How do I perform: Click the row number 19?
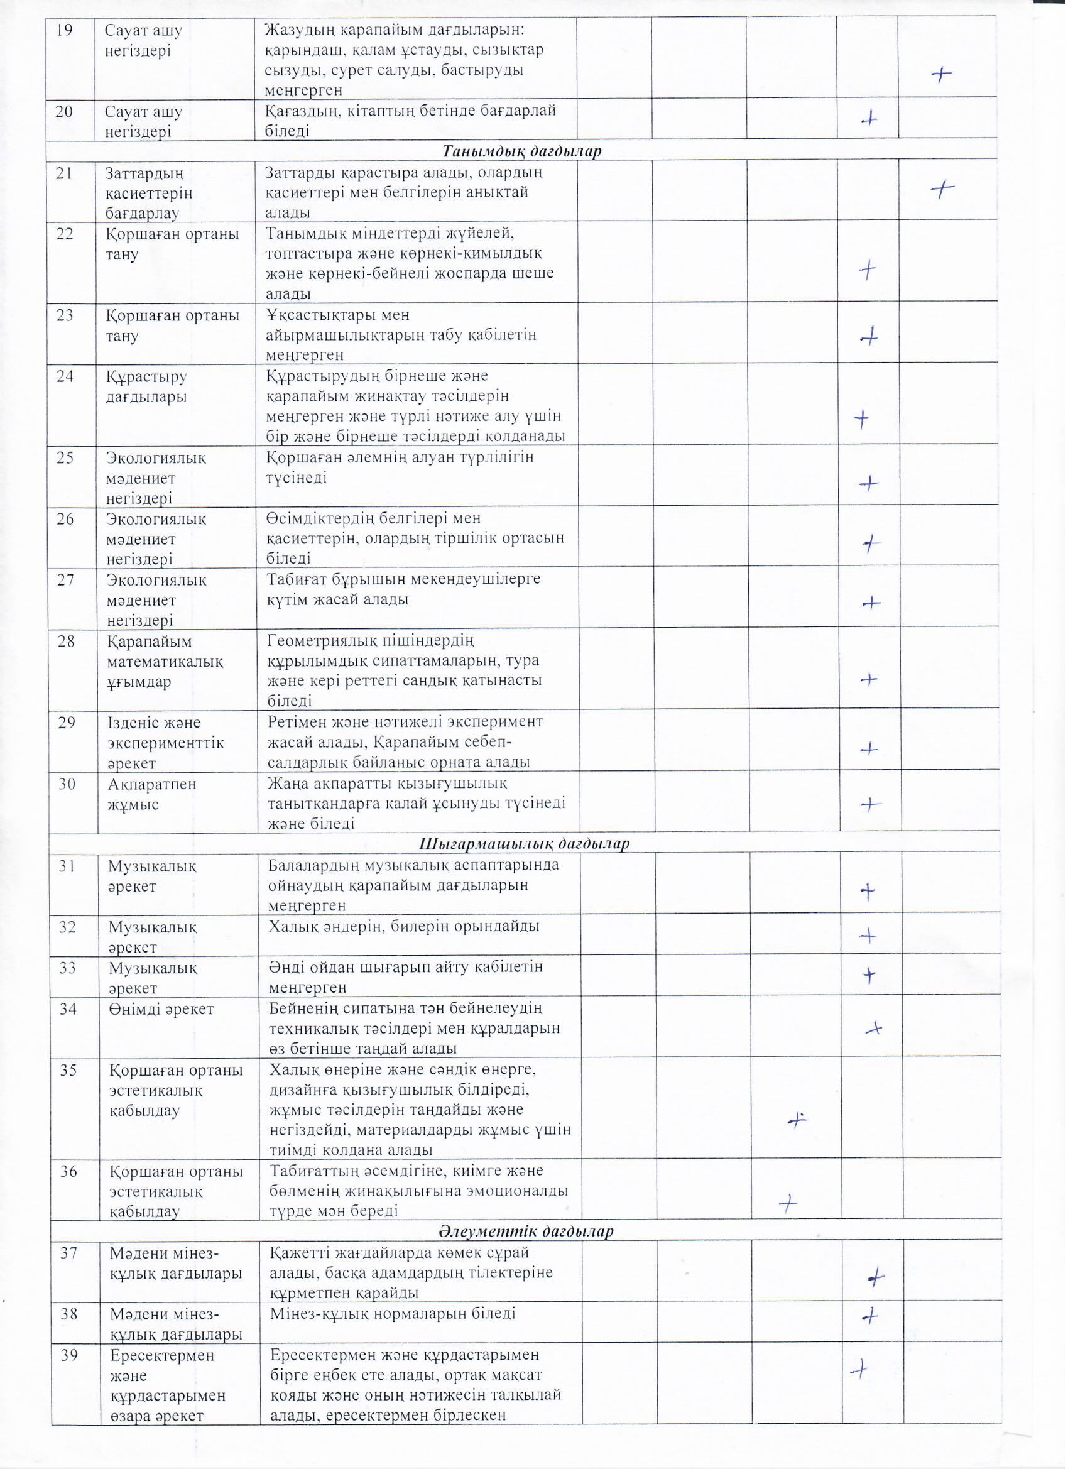tap(64, 30)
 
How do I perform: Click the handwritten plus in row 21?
tap(942, 188)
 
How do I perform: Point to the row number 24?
tap(65, 376)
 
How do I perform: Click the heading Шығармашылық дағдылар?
tap(525, 844)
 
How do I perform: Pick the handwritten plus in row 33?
tap(870, 975)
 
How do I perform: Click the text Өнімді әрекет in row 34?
tap(162, 1009)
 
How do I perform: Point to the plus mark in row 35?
tap(797, 1118)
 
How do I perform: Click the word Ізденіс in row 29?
tap(132, 723)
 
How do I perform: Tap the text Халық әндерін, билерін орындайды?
tap(404, 926)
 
